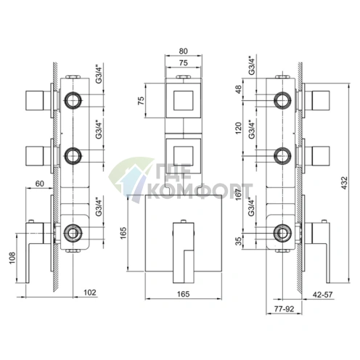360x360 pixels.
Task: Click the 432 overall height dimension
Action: pyautogui.click(x=345, y=183)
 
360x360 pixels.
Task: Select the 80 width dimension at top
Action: pyautogui.click(x=183, y=52)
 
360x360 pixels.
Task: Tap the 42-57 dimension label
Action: pyautogui.click(x=322, y=295)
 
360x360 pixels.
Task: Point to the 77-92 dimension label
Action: pyautogui.click(x=284, y=308)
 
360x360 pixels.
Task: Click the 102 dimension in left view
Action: pyautogui.click(x=90, y=292)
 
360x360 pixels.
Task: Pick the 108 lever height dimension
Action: pyautogui.click(x=12, y=258)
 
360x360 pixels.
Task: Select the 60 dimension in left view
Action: pyautogui.click(x=40, y=184)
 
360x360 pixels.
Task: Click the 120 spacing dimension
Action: pyautogui.click(x=239, y=128)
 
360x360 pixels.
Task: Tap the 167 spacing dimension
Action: pyautogui.click(x=239, y=195)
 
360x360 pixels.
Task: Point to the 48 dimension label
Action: pyautogui.click(x=239, y=89)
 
